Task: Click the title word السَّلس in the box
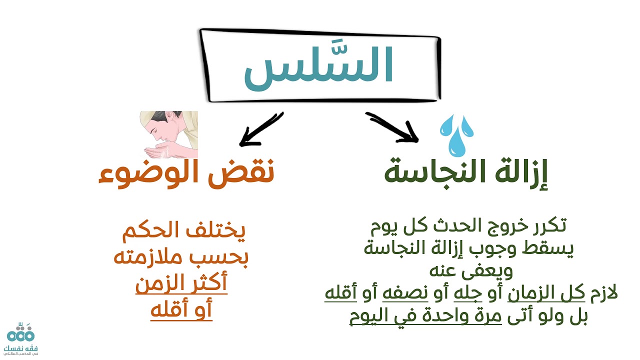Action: pos(318,66)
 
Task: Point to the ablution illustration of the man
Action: pos(168,134)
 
